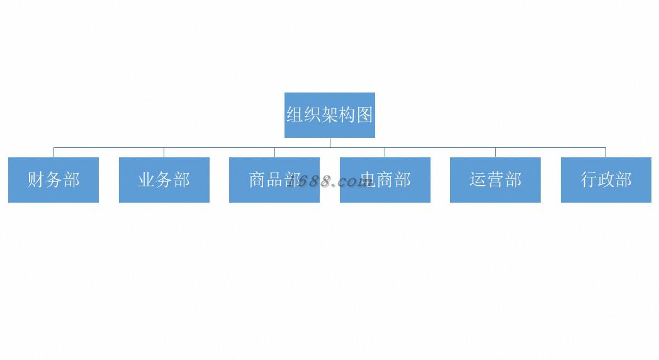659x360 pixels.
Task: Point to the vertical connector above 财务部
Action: click(54, 152)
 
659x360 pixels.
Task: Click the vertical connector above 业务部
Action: click(164, 152)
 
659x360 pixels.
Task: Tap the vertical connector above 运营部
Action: click(495, 152)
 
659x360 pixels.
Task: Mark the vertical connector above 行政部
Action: click(605, 152)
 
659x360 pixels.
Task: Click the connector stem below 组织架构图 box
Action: click(330, 142)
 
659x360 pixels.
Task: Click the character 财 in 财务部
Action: click(36, 180)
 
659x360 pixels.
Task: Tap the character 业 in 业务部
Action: click(146, 180)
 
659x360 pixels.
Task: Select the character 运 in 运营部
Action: click(478, 180)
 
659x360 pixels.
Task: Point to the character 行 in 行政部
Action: click(589, 180)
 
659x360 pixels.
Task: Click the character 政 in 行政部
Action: click(605, 180)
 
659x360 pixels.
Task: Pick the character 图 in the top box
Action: click(364, 115)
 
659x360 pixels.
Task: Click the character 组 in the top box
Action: click(295, 115)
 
